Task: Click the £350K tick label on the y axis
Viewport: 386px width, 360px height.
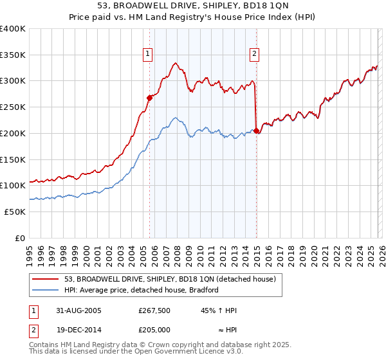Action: coord(13,55)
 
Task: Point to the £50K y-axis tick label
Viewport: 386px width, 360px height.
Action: coord(15,211)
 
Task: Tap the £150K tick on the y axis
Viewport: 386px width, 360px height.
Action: coord(13,159)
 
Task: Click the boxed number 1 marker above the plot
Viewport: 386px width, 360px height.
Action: coord(149,54)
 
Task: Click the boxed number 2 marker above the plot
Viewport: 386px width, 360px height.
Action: coord(255,54)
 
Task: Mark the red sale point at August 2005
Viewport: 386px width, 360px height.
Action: coord(150,98)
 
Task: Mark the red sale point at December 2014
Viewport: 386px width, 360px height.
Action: coord(257,130)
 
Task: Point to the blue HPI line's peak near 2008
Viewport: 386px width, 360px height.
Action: coord(175,118)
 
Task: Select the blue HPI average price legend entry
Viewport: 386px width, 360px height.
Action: coord(142,290)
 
